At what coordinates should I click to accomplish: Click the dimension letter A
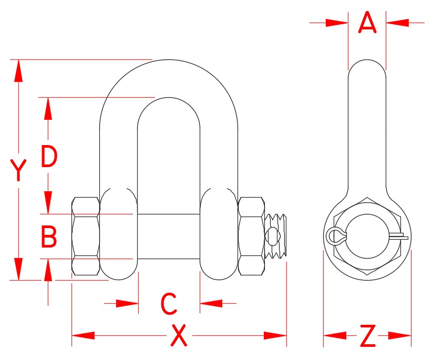(367, 23)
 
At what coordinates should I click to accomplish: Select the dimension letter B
(49, 237)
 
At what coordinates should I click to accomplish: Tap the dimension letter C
(168, 304)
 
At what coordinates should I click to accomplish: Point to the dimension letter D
(49, 157)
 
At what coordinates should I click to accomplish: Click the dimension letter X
(179, 336)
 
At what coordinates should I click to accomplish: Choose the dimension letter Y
(18, 171)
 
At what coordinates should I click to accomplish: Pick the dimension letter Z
(368, 336)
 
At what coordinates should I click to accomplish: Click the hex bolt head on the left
(85, 236)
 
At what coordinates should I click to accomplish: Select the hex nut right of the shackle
(251, 236)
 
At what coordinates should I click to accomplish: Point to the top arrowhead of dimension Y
(18, 70)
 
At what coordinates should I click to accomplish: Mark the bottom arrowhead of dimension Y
(18, 269)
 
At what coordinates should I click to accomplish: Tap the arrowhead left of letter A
(337, 23)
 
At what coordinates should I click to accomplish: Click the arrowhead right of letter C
(211, 303)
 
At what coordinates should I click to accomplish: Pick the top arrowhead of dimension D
(48, 108)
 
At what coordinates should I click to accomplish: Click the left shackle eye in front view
(119, 234)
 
